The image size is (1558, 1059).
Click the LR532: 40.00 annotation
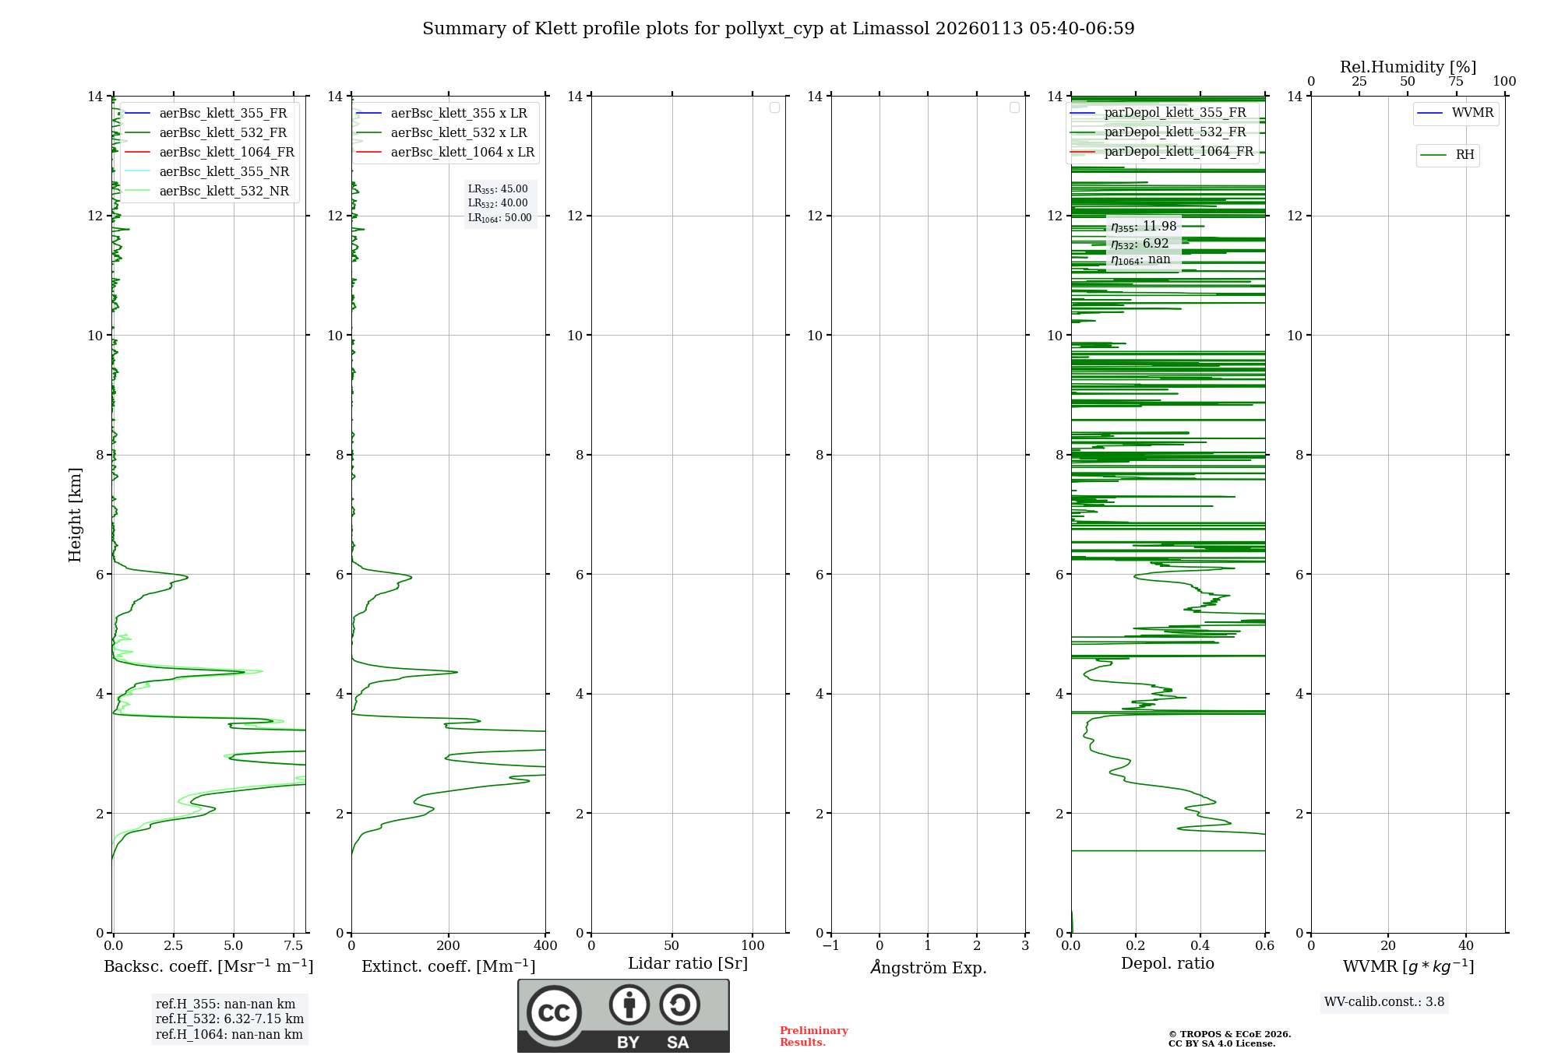coord(498,203)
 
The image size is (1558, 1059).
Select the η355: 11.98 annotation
coord(1144,227)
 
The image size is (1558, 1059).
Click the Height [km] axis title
coord(75,515)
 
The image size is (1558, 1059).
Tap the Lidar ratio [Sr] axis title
coord(688,964)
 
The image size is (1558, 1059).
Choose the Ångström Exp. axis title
coord(928,968)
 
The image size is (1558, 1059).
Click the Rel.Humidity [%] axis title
coord(1408,67)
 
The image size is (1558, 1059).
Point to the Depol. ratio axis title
coord(1167,964)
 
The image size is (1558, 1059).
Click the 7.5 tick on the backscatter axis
coord(294,946)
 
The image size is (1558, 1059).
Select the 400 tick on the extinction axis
coord(545,946)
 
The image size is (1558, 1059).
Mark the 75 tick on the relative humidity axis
coord(1455,82)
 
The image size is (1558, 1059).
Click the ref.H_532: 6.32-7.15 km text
coord(230,1019)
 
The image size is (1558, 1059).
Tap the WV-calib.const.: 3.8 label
coord(1384,1002)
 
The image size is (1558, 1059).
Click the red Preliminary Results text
coord(813,1036)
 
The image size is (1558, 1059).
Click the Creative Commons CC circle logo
coord(554,1013)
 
